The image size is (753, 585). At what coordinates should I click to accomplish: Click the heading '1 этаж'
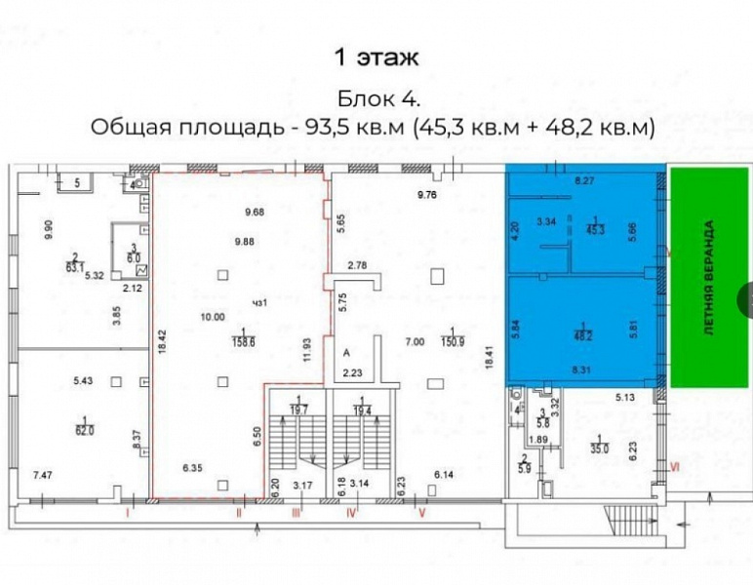pos(376,58)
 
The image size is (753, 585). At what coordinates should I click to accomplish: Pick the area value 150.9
pos(452,342)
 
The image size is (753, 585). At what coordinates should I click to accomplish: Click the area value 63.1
pos(73,263)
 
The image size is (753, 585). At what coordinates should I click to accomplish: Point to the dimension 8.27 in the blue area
pos(584,180)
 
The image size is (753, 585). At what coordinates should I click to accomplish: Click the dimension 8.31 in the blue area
pos(583,370)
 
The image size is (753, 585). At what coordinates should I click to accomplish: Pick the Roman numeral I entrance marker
pos(128,511)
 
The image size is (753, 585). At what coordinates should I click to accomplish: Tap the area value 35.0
pos(599,448)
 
